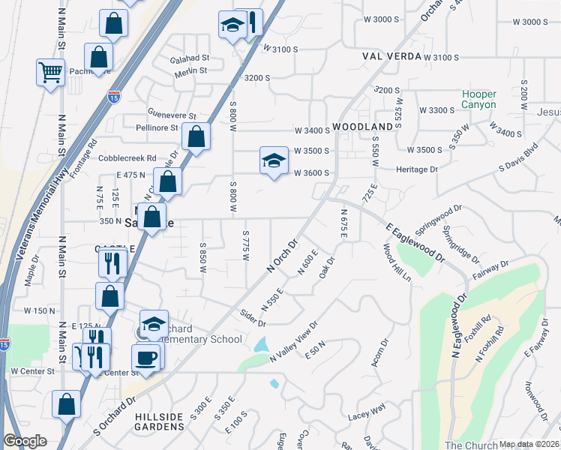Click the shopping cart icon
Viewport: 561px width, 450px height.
(50, 73)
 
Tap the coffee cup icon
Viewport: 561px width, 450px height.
(146, 357)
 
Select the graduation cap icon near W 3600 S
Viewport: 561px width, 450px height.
(274, 160)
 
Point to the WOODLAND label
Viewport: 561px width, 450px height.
(363, 127)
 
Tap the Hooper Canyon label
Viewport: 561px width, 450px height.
(478, 100)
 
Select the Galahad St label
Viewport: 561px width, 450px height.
(189, 58)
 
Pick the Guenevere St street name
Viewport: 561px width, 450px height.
(172, 116)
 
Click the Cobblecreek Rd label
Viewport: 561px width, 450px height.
(130, 159)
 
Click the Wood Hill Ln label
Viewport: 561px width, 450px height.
(397, 262)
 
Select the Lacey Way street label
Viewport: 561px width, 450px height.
(367, 409)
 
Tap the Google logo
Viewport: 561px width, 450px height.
(25, 441)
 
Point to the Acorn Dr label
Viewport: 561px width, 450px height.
(379, 353)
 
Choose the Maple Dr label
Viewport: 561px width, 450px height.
(31, 273)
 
